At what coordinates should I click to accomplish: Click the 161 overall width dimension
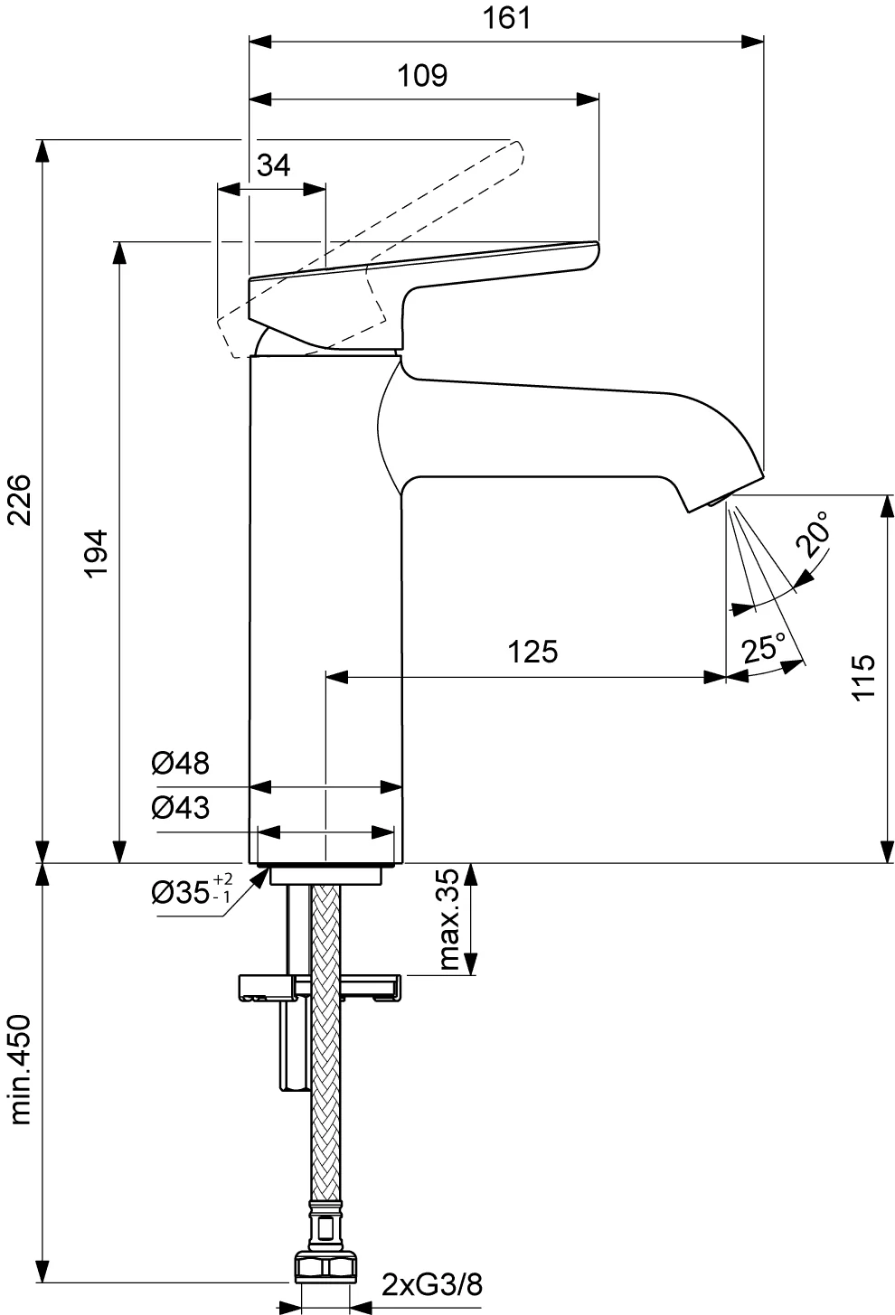click(x=506, y=18)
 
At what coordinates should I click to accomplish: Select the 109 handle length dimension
click(x=422, y=76)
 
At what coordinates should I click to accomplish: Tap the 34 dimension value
click(x=274, y=165)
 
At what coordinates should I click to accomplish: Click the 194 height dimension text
click(x=97, y=554)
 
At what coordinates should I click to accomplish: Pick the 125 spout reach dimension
click(x=532, y=652)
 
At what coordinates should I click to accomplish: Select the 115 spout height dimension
click(x=863, y=677)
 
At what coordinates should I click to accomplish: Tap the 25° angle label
click(x=762, y=648)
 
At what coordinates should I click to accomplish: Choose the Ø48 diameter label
click(x=180, y=763)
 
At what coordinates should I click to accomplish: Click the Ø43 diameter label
click(x=180, y=808)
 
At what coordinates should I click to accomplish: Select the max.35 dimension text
click(x=448, y=919)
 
